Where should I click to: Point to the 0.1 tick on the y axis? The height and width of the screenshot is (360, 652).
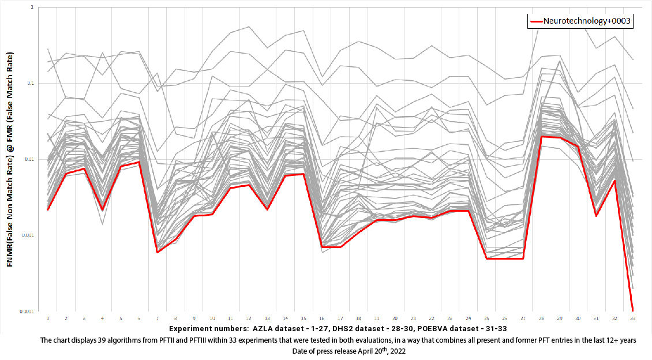[x=31, y=83]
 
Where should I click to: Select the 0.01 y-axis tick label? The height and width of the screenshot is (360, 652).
[x=30, y=159]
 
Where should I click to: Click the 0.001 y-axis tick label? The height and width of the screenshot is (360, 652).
[x=29, y=235]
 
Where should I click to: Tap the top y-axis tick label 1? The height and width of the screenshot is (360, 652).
[x=33, y=7]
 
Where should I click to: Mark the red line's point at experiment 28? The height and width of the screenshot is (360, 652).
[x=541, y=136]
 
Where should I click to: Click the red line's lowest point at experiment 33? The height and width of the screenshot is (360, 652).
[x=633, y=310]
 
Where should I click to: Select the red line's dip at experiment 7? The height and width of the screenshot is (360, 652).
[x=158, y=252]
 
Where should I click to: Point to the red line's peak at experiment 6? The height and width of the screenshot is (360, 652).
[x=139, y=162]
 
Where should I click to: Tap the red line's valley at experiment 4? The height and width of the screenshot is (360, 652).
[x=102, y=210]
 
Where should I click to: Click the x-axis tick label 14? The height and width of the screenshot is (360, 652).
[x=285, y=318]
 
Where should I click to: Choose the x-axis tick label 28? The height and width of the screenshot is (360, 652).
[x=541, y=318]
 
